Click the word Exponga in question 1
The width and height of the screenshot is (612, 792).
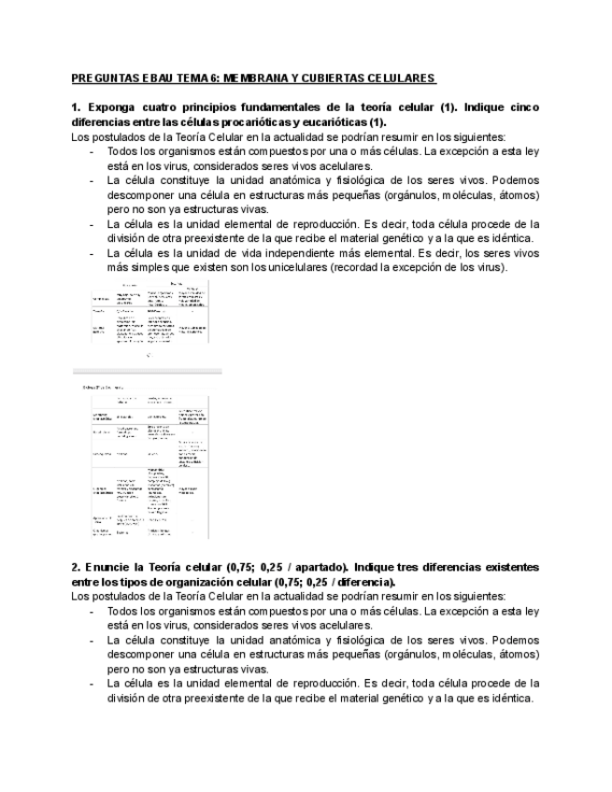(x=113, y=107)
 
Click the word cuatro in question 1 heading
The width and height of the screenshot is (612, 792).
(x=165, y=107)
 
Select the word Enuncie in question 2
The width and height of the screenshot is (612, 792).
(x=111, y=567)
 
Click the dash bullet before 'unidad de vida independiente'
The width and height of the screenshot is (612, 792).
(x=92, y=253)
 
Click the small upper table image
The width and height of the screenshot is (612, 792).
(x=149, y=313)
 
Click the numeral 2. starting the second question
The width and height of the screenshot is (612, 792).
(x=77, y=567)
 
